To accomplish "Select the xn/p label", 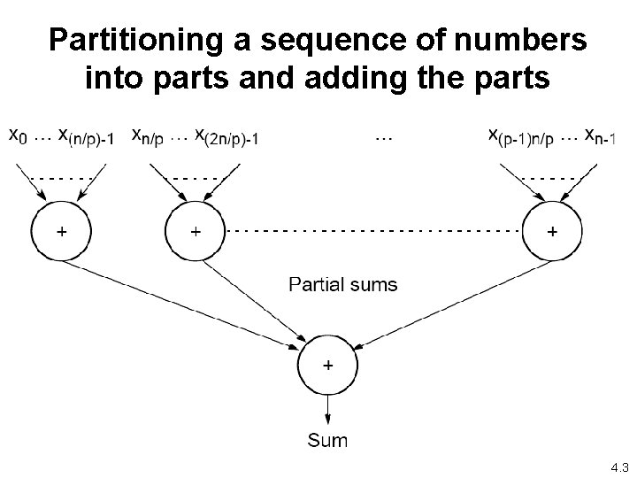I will [146, 136].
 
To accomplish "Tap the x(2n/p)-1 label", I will [225, 136].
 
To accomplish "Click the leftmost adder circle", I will [61, 231].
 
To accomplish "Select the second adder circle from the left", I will [195, 231].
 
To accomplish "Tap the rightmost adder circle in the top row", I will [552, 231].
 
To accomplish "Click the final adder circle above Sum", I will [328, 365].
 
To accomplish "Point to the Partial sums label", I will [344, 284].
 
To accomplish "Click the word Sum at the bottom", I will [327, 440].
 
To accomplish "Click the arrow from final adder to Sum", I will [328, 409].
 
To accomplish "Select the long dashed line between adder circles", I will [372, 229].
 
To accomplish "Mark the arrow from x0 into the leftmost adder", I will [33, 182].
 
